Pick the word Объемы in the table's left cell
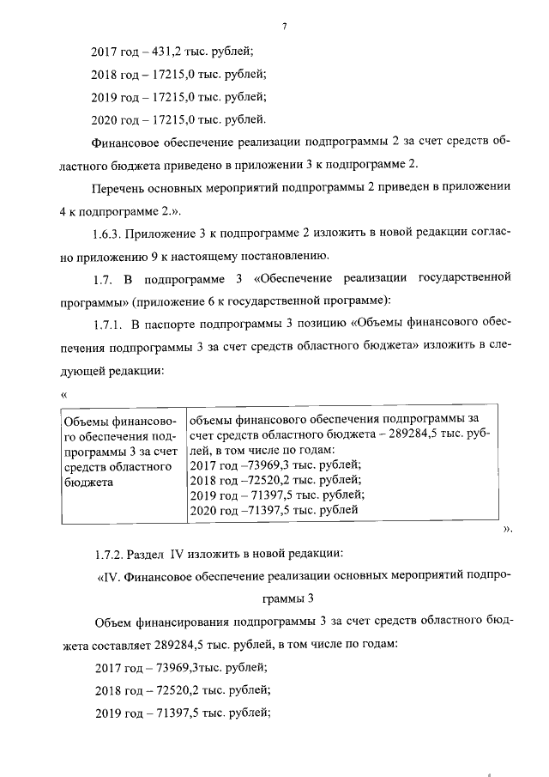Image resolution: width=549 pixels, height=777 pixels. (x=86, y=422)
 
